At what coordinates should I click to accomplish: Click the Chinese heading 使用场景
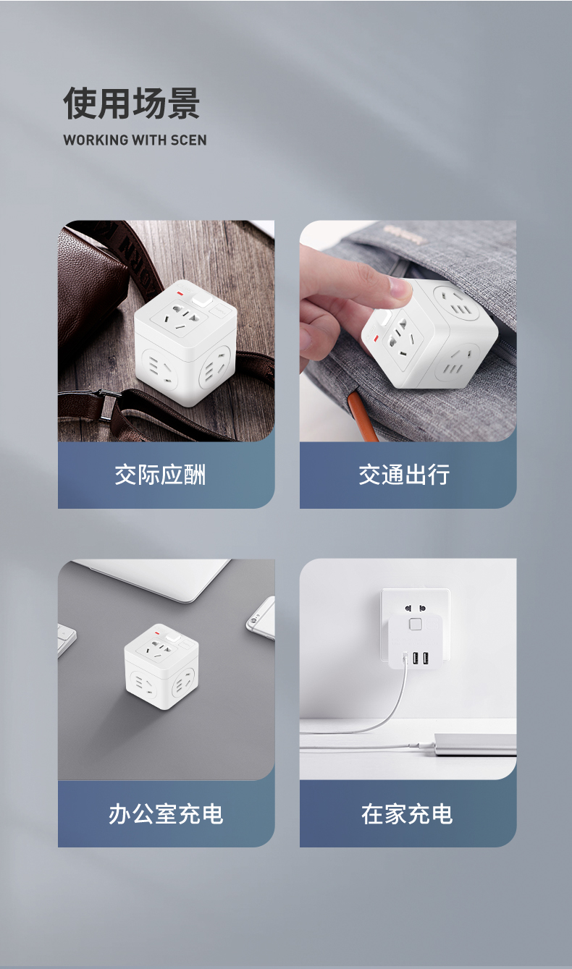(132, 103)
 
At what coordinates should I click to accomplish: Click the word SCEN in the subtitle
(188, 140)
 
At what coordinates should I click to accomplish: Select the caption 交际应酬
(160, 475)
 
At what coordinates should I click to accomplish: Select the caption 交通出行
(404, 475)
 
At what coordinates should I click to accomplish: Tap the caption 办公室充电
(166, 813)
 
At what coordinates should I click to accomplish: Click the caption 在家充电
(407, 813)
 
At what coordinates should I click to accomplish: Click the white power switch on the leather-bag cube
(199, 300)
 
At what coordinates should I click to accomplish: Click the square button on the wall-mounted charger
(415, 625)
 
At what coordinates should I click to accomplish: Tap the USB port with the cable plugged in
(405, 659)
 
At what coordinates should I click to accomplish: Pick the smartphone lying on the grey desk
(261, 617)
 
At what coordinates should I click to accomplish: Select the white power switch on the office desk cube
(173, 638)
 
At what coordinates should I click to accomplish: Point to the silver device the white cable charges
(475, 744)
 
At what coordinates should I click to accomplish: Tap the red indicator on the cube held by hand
(377, 337)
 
